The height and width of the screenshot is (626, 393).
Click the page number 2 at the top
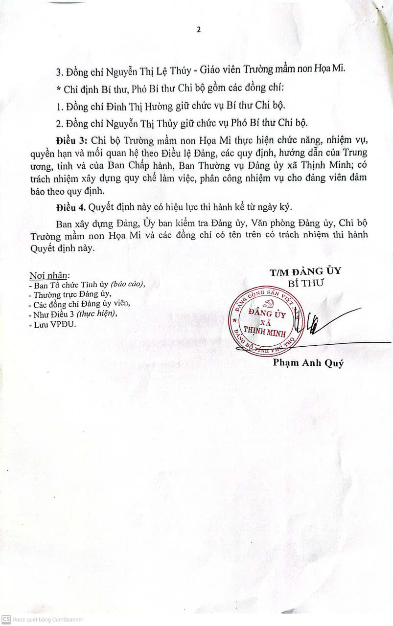click(x=199, y=29)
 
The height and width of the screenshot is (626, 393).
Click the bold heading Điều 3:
click(x=72, y=139)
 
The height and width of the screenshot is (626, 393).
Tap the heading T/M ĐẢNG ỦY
click(x=305, y=271)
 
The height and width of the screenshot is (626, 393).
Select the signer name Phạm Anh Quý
click(x=308, y=363)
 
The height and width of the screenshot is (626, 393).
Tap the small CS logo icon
click(x=6, y=620)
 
